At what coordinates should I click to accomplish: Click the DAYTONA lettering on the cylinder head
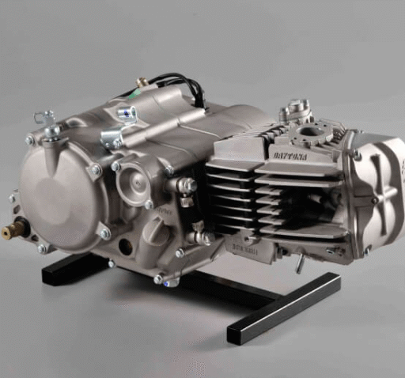(293, 157)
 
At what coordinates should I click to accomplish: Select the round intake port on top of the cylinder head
(318, 130)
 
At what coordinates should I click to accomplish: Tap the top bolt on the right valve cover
(357, 155)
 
